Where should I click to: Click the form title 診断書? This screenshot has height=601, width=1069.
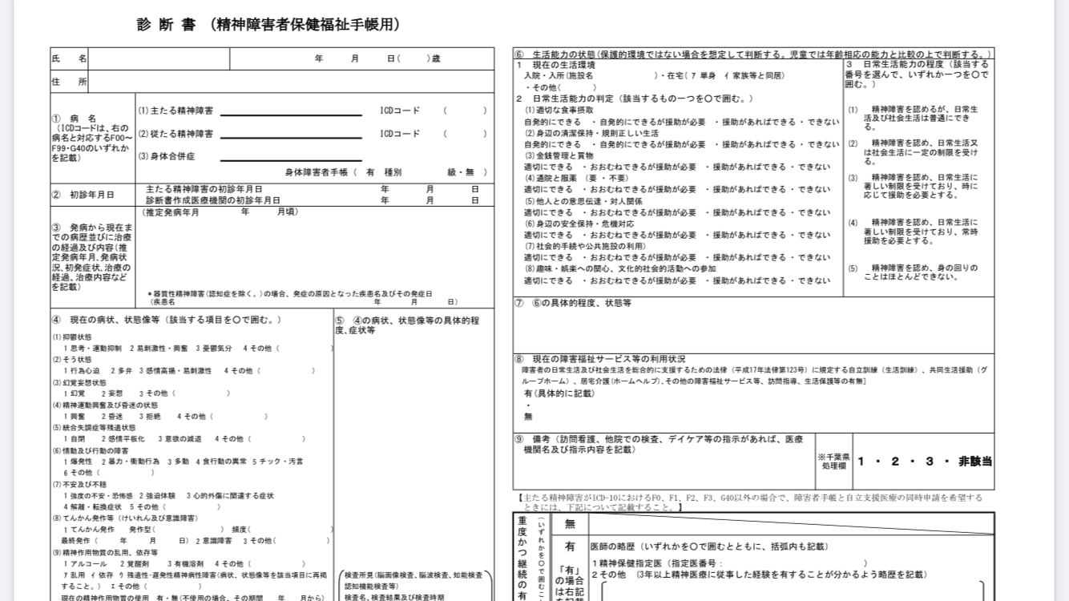[x=167, y=25]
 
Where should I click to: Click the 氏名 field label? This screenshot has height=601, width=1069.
[x=70, y=58]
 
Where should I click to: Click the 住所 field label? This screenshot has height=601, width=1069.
[x=70, y=82]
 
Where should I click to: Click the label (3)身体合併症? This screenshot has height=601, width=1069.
[x=167, y=156]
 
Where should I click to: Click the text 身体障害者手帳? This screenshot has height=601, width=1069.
[x=317, y=172]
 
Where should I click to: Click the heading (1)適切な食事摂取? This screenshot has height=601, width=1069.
[x=559, y=110]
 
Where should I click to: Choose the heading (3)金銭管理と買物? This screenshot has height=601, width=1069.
[x=559, y=155]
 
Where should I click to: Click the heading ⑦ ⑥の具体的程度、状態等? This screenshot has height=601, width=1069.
[x=573, y=304]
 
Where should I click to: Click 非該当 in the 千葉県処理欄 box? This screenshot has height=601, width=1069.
[x=975, y=462]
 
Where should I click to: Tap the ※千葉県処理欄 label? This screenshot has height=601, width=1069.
[x=833, y=461]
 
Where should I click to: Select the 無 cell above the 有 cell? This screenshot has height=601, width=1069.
[x=570, y=524]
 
